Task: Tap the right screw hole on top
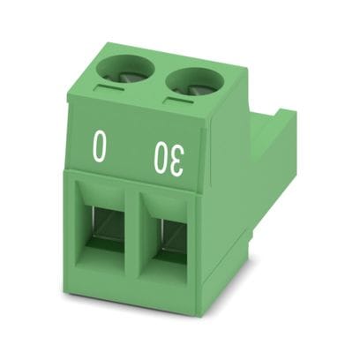click(x=194, y=82)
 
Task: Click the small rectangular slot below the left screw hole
click(x=110, y=88)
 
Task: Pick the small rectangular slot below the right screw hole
click(x=179, y=100)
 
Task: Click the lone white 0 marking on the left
click(x=100, y=146)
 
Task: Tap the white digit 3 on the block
click(x=176, y=161)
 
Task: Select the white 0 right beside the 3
click(x=159, y=157)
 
